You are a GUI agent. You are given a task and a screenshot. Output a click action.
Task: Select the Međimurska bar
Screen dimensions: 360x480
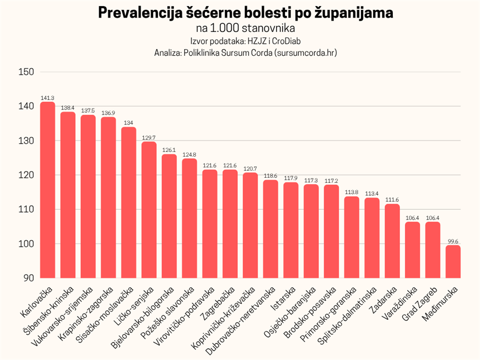point(453,262)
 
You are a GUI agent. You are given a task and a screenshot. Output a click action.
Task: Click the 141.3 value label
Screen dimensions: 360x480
point(47,98)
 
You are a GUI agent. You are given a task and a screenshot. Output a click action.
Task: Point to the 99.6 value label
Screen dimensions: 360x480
point(453,241)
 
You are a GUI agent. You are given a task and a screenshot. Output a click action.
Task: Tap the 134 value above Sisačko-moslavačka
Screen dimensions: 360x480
point(129,123)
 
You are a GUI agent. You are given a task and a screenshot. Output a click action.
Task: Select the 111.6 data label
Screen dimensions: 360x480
point(392,200)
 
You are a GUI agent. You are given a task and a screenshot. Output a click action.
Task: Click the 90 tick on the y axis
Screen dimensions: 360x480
point(28,278)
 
